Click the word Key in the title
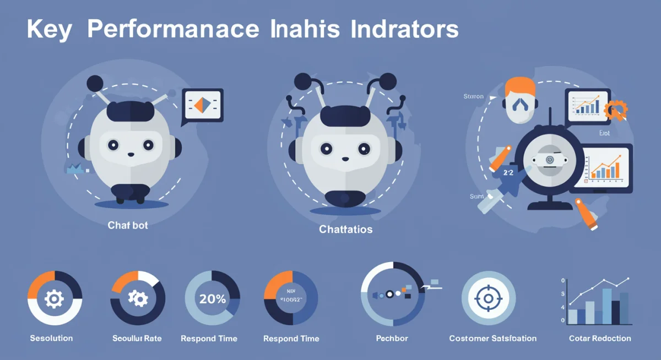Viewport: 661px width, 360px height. (x=48, y=30)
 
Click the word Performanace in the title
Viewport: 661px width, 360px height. (x=171, y=30)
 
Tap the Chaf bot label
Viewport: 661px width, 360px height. (x=128, y=225)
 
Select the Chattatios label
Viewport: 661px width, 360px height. (x=345, y=229)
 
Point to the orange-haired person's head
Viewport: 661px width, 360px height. (x=519, y=100)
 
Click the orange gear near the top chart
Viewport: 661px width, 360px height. (x=615, y=110)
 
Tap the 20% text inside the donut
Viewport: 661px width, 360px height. (x=213, y=299)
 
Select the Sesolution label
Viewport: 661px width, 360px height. (x=51, y=338)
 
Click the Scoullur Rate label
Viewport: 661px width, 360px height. (x=137, y=338)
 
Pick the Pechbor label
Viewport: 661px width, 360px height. (x=392, y=338)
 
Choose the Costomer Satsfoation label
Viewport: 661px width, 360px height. (x=492, y=338)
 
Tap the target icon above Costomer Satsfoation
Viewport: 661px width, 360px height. (x=488, y=298)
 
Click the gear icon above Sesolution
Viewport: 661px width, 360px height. (x=54, y=299)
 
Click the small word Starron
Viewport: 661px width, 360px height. (x=473, y=96)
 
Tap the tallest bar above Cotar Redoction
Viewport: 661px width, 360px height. (x=606, y=306)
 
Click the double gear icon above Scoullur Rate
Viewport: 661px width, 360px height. (x=138, y=298)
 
